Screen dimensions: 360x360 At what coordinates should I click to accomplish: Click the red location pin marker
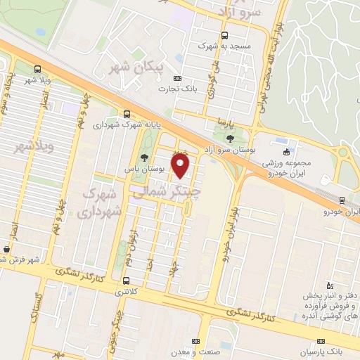coord(181,166)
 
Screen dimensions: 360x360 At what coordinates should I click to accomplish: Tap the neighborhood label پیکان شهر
coord(136,67)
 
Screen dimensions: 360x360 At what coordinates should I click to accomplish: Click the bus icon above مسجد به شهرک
coord(224,35)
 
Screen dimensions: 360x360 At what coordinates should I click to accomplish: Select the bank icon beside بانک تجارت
coord(177,78)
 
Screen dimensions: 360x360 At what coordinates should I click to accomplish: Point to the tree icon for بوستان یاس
coord(144,157)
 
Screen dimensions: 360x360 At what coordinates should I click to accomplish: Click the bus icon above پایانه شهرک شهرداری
coord(127,112)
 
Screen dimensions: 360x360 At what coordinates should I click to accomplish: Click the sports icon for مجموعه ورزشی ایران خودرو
coord(285,153)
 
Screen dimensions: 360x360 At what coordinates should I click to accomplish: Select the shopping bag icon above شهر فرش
coord(6,249)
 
